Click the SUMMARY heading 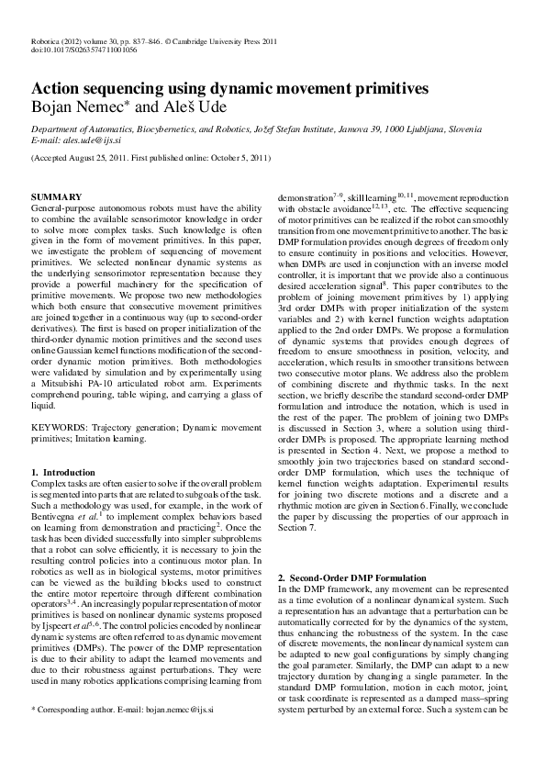coord(57,197)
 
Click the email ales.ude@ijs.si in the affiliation coord(92,140)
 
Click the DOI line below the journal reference coord(84,50)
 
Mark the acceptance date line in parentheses coord(150,158)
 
